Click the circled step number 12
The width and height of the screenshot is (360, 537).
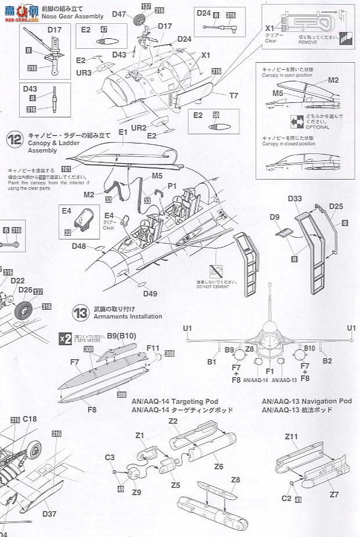[x=15, y=139]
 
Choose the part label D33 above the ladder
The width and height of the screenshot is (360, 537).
[x=294, y=199]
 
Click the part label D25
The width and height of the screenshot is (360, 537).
[x=336, y=206]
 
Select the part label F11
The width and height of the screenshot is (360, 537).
[x=153, y=348]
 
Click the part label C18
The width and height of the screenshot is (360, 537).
[x=30, y=418]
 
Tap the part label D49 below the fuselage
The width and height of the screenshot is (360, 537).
[x=150, y=293]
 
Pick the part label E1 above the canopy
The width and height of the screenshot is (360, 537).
[x=123, y=133]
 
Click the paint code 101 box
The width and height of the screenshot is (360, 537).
[x=66, y=169]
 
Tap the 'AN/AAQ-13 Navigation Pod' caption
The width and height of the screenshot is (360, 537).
[x=307, y=401]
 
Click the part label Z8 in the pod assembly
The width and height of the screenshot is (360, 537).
[x=235, y=480]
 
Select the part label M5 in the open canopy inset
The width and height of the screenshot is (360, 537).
[x=279, y=92]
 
